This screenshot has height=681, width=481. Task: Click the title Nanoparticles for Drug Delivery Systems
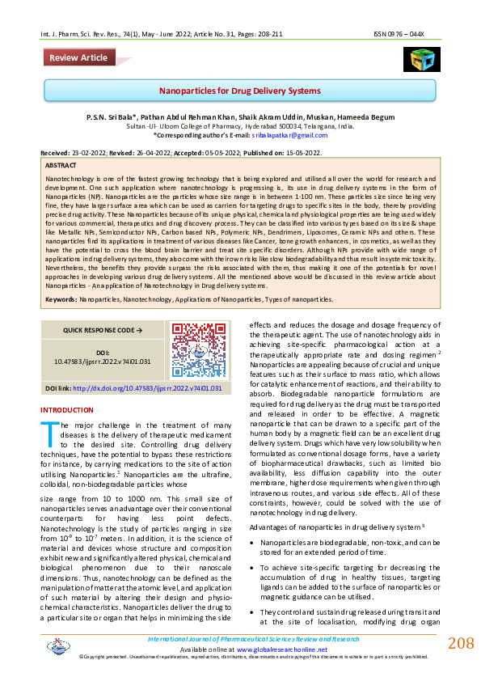pos(240,91)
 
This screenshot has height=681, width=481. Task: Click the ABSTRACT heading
pos(62,164)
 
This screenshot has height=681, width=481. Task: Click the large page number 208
pos(461,643)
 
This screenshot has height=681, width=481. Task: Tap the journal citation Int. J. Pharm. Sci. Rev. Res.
pos(81,35)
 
